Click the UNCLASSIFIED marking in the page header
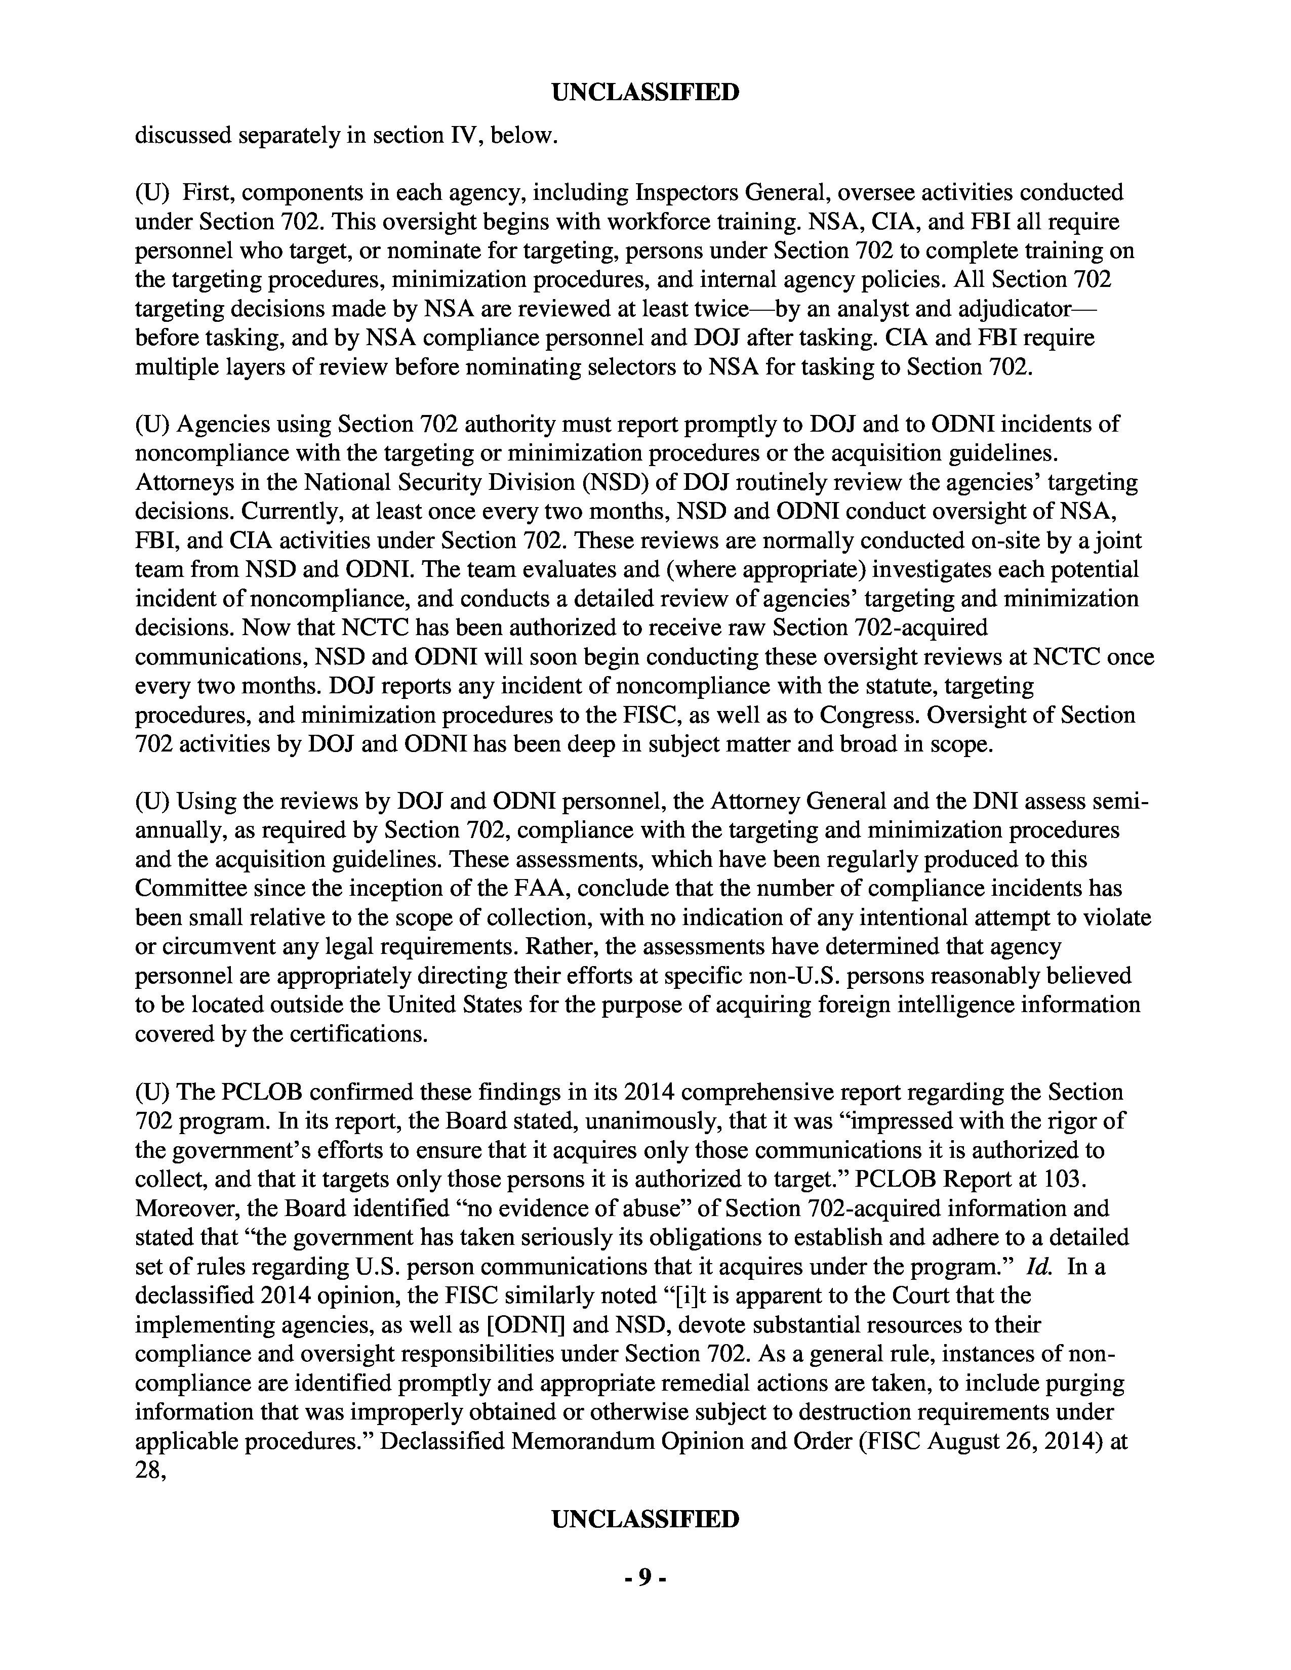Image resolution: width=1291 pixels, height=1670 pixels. click(x=644, y=93)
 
